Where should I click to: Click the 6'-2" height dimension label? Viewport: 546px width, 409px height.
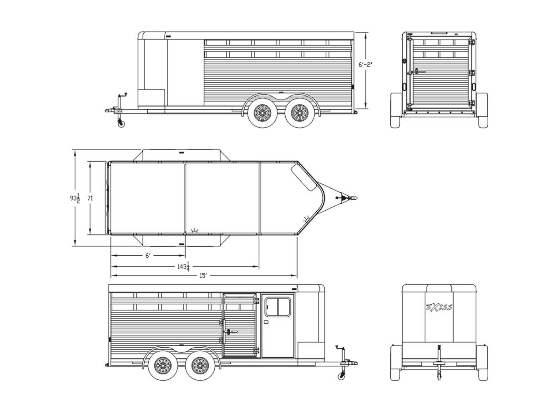365,65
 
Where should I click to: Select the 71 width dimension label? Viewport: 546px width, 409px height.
90,198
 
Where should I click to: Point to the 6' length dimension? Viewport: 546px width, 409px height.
148,256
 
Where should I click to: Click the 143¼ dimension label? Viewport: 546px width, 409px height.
184,267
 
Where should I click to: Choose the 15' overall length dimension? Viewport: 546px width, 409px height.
203,276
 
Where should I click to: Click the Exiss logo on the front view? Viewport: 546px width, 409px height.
439,307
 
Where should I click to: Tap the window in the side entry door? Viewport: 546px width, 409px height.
277,307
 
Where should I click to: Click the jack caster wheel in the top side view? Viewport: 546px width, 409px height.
121,123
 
